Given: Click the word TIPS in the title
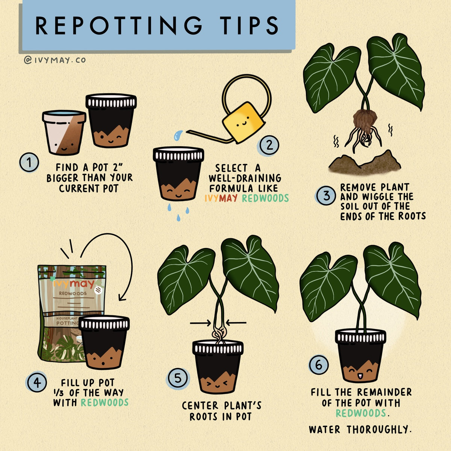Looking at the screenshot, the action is coord(249,26).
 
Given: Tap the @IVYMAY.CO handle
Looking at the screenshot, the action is coord(55,60).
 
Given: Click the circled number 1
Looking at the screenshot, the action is coord(29,162).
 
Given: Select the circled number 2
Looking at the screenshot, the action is coord(269,145).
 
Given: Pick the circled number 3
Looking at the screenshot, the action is coord(326,195).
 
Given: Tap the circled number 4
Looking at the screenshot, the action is coord(37,383).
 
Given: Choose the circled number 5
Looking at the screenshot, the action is coord(178,378).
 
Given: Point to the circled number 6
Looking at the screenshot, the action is coord(319,365).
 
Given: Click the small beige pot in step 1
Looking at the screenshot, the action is coord(64,132).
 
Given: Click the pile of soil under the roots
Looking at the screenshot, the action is coord(365,162).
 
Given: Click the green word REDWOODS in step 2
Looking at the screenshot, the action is coord(265,198).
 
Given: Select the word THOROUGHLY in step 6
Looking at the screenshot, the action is coord(378,429).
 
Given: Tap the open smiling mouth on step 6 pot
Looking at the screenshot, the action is coord(360,376).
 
